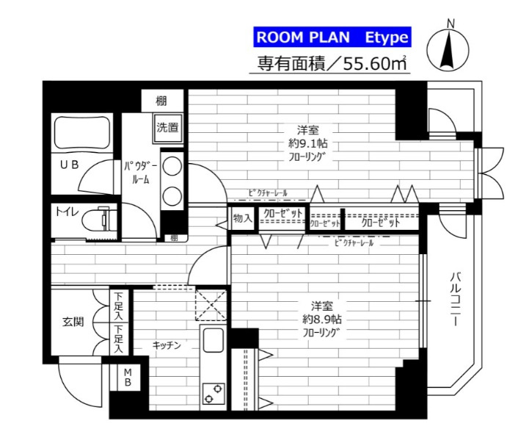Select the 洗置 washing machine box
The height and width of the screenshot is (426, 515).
(167, 128)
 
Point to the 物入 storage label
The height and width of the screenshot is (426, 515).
(242, 218)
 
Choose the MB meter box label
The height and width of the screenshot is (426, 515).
(127, 378)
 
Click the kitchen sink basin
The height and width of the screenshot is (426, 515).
(213, 342)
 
